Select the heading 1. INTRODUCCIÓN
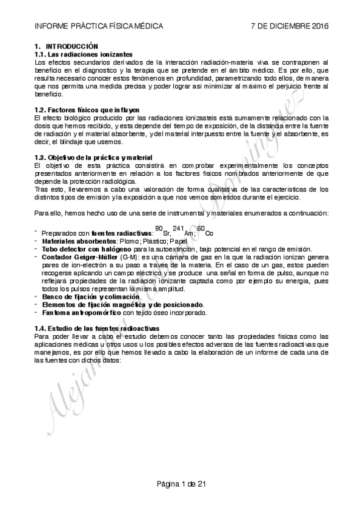click(66, 46)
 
